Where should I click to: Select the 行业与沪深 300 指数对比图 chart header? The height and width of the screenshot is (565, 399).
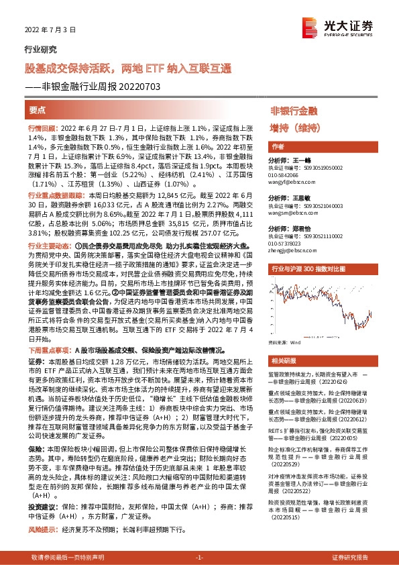(308, 268)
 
